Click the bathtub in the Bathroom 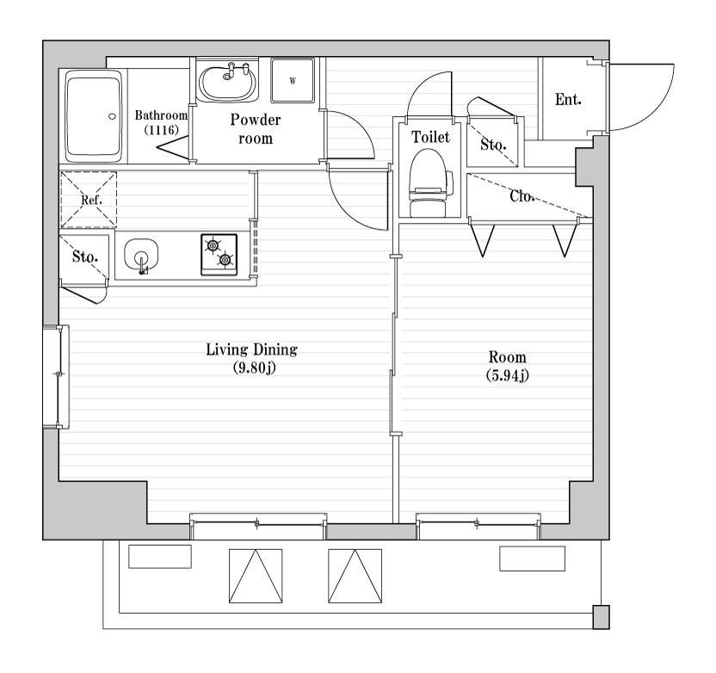[94, 115]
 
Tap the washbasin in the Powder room [227, 82]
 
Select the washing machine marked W [293, 80]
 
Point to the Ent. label [568, 99]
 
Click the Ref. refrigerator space [89, 200]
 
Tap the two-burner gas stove [219, 255]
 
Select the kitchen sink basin [141, 256]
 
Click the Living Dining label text [251, 349]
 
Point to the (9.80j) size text [255, 368]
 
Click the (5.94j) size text [508, 375]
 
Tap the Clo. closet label [521, 196]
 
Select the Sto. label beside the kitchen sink [85, 256]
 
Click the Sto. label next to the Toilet [493, 145]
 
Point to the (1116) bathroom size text [161, 130]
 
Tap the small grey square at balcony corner [601, 617]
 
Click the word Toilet [430, 137]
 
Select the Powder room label [256, 129]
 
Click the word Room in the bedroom [508, 356]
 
